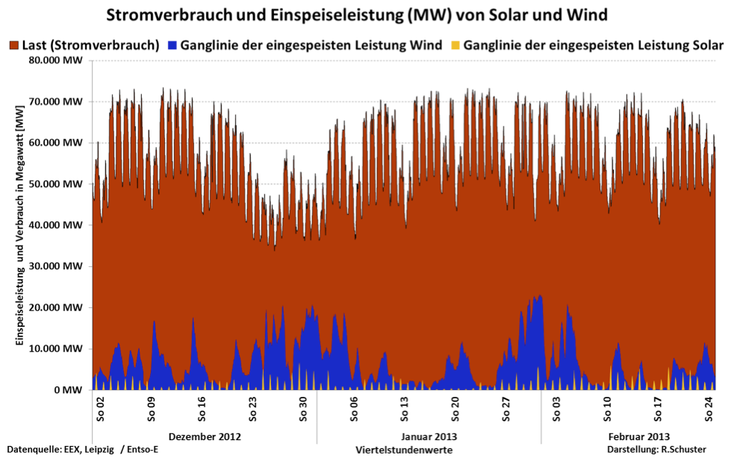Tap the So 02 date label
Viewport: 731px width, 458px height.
(100, 407)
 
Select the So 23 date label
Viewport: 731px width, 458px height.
(252, 407)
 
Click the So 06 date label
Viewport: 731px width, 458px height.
(354, 407)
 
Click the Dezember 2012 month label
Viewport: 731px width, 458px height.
(205, 436)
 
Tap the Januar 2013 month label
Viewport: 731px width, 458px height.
(429, 436)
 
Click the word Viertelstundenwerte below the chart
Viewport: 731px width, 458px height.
(404, 450)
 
